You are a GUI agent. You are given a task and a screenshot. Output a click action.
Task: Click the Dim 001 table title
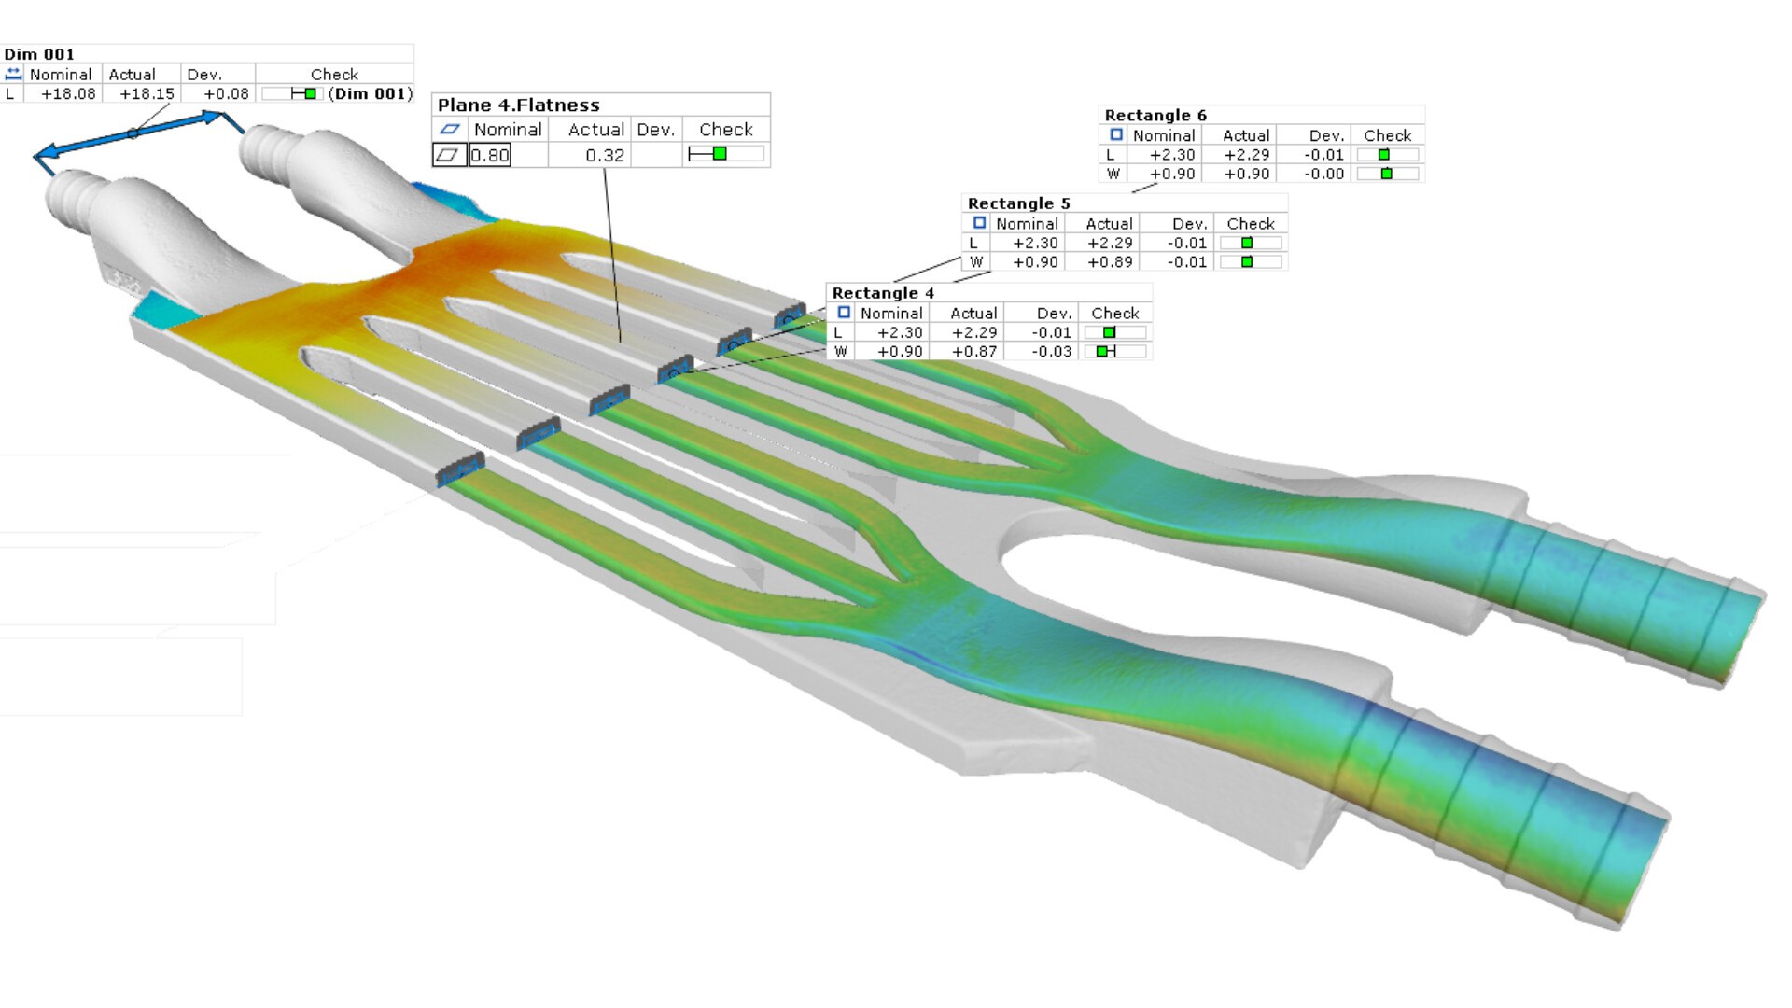[39, 54]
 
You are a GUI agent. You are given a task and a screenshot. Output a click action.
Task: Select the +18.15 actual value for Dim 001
[147, 93]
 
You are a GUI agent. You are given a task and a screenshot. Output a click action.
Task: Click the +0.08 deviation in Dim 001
[226, 93]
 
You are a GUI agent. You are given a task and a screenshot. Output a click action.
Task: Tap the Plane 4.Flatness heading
[518, 105]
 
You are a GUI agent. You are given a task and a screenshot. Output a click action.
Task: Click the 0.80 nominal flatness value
[490, 155]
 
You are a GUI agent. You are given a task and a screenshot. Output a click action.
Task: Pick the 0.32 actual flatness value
[605, 155]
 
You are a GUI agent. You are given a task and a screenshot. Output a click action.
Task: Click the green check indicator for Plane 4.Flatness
[720, 154]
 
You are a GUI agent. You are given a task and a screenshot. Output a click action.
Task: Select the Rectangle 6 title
[1155, 115]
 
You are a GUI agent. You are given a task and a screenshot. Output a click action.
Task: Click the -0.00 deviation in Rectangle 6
[1323, 174]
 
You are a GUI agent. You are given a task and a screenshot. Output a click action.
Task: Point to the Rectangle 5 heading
[1018, 203]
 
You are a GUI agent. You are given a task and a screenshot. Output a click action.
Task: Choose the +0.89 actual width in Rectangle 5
[1110, 262]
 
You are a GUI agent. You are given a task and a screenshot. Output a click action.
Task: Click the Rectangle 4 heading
[883, 293]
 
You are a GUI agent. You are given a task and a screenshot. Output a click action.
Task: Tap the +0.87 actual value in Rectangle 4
[974, 352]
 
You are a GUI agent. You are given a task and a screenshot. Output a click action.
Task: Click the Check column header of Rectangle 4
[1115, 313]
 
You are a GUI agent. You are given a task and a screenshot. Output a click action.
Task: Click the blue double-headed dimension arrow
[132, 133]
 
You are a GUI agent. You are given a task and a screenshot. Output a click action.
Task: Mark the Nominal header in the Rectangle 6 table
[1164, 135]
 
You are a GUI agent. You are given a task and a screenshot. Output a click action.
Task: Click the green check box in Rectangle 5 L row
[1247, 243]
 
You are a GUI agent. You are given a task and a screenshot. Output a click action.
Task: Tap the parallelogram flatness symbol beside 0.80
[449, 155]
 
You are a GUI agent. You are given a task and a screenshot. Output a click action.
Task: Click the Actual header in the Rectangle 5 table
[1109, 224]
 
